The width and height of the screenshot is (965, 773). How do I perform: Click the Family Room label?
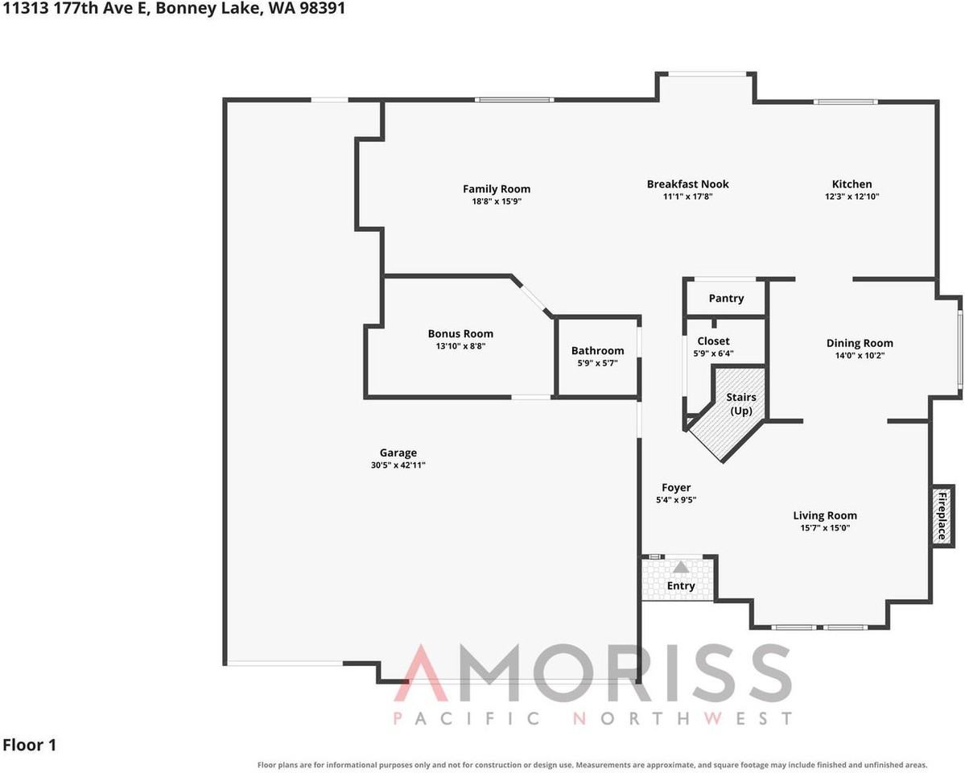click(x=496, y=189)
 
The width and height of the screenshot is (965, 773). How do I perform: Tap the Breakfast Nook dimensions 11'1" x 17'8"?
click(x=687, y=196)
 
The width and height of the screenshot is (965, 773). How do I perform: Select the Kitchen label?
click(x=852, y=184)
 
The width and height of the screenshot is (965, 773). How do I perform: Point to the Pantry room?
click(x=726, y=298)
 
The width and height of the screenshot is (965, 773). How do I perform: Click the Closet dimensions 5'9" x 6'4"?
click(x=713, y=353)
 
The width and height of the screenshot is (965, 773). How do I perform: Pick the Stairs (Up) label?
click(x=741, y=403)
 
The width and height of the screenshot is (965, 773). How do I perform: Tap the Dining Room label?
click(x=859, y=343)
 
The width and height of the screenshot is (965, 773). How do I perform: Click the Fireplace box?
click(x=942, y=515)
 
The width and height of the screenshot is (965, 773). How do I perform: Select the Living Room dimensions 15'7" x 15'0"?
click(x=825, y=528)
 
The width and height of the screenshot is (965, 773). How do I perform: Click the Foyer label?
click(x=676, y=488)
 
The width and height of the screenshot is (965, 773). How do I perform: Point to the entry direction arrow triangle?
click(x=680, y=568)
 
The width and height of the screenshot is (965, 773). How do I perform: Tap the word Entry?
click(x=681, y=585)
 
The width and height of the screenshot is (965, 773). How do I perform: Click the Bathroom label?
click(x=597, y=350)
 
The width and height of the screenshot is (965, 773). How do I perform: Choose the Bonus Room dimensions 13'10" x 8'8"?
click(x=460, y=346)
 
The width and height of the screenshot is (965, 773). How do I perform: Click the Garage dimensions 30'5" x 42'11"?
click(x=398, y=465)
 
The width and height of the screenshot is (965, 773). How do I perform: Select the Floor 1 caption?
click(x=30, y=746)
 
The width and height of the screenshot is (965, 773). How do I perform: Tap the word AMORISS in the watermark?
click(x=592, y=672)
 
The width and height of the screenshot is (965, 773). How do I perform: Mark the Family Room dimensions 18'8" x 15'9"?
click(x=496, y=201)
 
